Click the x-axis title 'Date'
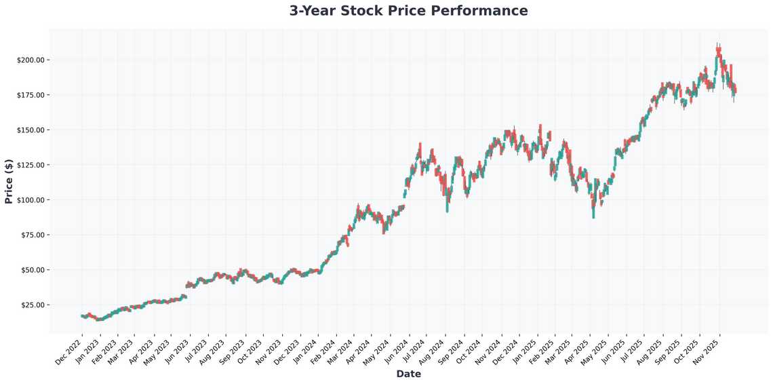tap(408, 374)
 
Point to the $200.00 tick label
tap(31, 60)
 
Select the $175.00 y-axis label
tap(31, 94)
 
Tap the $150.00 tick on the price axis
tap(31, 130)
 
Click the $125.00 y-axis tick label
tap(31, 165)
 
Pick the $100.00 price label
tap(31, 199)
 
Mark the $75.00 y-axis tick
tap(32, 235)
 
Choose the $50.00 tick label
tap(32, 270)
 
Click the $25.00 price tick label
tap(32, 305)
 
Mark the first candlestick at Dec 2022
tap(82, 316)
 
